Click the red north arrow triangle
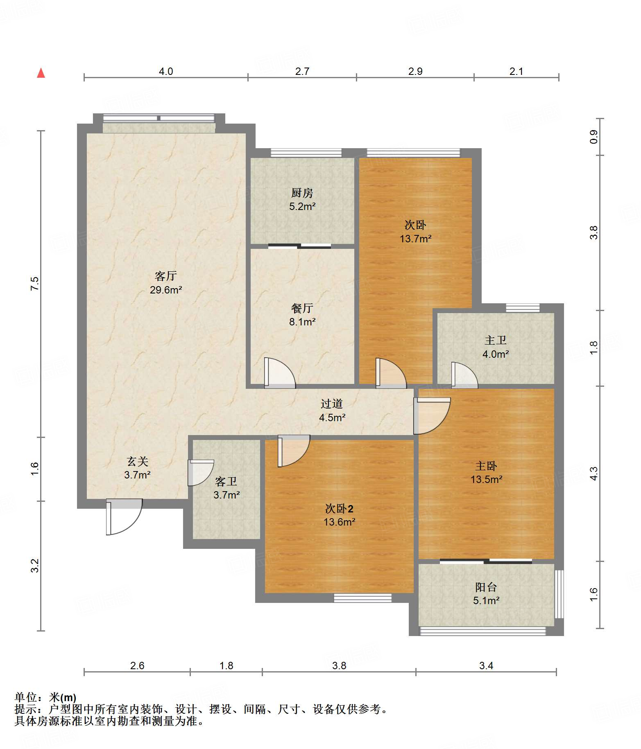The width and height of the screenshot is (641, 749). [41, 73]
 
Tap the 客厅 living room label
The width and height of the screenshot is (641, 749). [166, 276]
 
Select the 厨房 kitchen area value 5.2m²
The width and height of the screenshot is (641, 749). [302, 207]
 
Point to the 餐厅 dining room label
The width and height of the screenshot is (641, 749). [302, 308]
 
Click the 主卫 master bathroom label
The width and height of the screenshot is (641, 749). [496, 340]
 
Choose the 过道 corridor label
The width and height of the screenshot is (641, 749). [332, 404]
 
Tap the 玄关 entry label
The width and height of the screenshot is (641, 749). [137, 462]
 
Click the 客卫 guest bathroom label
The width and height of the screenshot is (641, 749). [226, 481]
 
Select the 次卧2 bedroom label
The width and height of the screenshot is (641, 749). [339, 509]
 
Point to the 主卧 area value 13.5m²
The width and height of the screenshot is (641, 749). [486, 479]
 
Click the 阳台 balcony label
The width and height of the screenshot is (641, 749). [486, 587]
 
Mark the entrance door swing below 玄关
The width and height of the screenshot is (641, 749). [124, 517]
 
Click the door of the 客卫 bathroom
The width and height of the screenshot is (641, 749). [201, 473]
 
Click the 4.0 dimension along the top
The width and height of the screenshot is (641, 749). [166, 71]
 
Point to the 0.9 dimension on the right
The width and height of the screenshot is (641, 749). [594, 136]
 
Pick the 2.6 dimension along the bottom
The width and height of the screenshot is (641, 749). [137, 666]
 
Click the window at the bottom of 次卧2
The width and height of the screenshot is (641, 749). [362, 598]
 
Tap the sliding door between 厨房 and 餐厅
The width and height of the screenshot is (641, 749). [300, 246]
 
